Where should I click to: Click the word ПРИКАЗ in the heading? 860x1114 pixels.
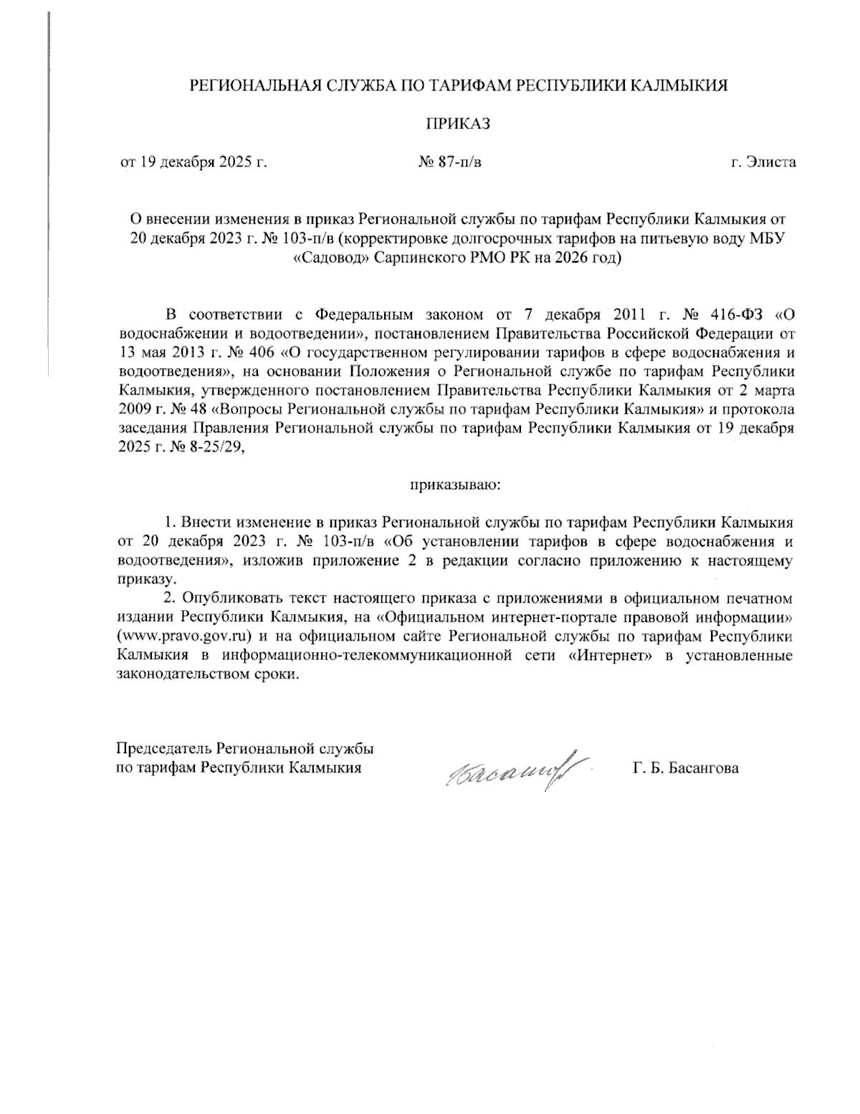tap(458, 124)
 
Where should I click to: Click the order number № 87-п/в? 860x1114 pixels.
tap(449, 162)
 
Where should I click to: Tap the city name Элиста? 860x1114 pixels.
tap(771, 162)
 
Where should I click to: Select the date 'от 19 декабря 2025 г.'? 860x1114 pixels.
tap(193, 162)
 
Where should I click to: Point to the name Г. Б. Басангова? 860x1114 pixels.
tap(686, 768)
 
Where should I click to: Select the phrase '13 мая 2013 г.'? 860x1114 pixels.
tap(159, 353)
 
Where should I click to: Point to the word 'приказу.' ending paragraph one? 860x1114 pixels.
tap(144, 578)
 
